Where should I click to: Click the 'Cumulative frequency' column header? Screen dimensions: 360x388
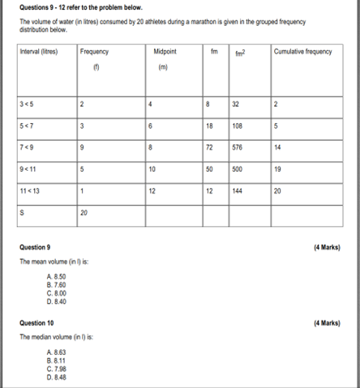click(x=302, y=52)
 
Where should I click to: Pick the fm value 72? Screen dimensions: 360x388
click(x=209, y=148)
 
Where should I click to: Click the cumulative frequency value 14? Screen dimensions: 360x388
click(x=278, y=148)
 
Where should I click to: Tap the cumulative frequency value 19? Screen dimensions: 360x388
click(x=278, y=170)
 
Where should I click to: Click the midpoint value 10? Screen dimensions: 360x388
click(x=152, y=170)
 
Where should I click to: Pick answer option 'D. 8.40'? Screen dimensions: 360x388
click(x=57, y=301)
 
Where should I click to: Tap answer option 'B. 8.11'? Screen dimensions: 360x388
click(x=57, y=360)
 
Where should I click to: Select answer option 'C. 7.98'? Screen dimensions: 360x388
click(x=57, y=369)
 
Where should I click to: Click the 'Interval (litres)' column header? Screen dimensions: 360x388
click(x=40, y=52)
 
